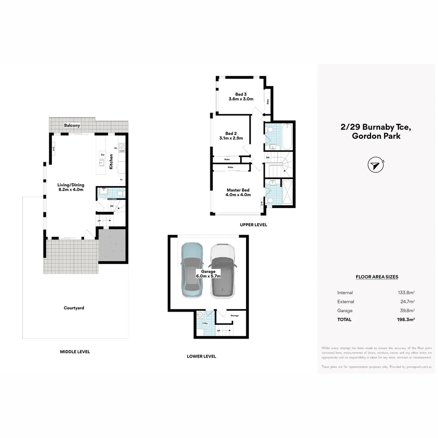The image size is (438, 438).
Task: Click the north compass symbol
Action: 375,165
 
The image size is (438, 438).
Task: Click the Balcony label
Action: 72,126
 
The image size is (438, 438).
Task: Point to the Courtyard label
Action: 74,308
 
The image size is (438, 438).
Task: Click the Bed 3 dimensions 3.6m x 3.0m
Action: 241,99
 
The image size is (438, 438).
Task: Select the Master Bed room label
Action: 238,190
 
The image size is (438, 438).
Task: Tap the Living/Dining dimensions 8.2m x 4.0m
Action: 71,189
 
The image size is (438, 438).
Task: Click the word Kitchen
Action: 111,161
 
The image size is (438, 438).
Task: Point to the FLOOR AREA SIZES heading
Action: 377,277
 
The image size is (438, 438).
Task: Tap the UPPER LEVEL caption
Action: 253,225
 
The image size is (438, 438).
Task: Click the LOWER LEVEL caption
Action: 201,356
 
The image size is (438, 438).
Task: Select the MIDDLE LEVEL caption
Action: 75,352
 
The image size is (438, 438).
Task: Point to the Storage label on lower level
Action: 234,316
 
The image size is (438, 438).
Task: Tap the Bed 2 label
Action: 231,133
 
